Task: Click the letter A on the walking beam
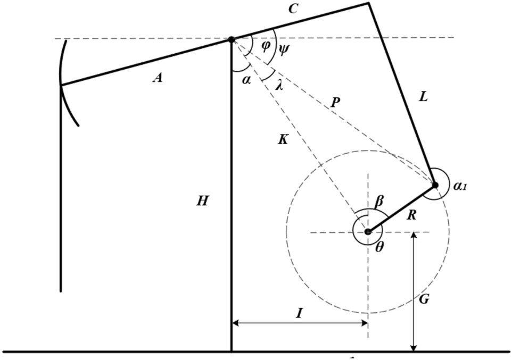pyautogui.click(x=157, y=78)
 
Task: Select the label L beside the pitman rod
pyautogui.click(x=423, y=97)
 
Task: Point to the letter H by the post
pyautogui.click(x=202, y=201)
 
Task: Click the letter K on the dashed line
pyautogui.click(x=283, y=140)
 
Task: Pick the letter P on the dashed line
pyautogui.click(x=335, y=103)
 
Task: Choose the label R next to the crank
pyautogui.click(x=411, y=215)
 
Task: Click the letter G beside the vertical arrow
pyautogui.click(x=424, y=299)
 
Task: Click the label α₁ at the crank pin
pyautogui.click(x=460, y=186)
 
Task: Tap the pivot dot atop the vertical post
pyautogui.click(x=232, y=39)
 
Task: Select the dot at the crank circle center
pyautogui.click(x=368, y=232)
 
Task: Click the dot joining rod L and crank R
pyautogui.click(x=435, y=185)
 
